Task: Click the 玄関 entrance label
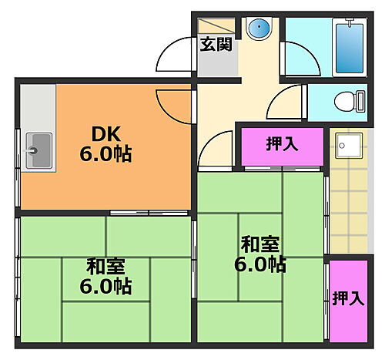[x=216, y=44]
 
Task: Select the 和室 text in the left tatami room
[x=105, y=267]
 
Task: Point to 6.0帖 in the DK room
[x=105, y=153]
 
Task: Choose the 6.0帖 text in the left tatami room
[x=105, y=288]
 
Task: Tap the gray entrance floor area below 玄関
[x=216, y=66]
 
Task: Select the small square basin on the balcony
[x=348, y=146]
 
